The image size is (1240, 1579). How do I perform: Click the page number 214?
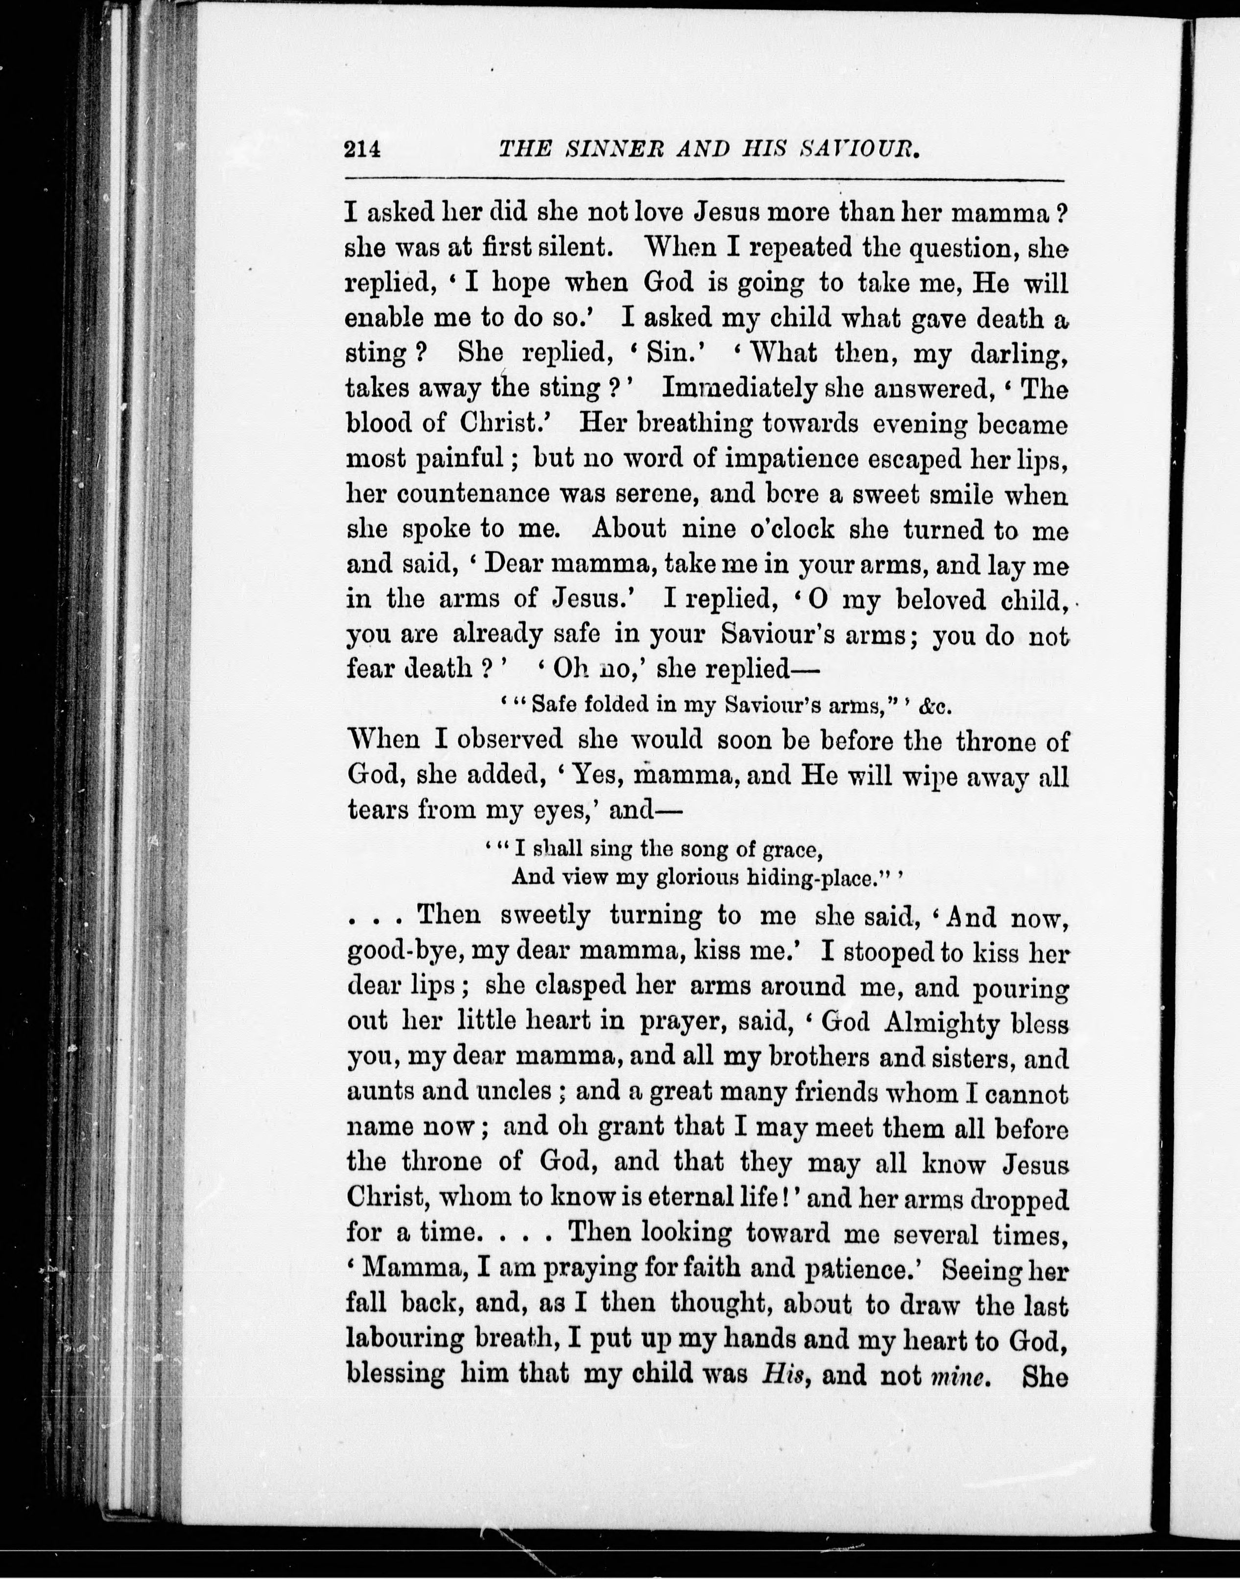363,149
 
